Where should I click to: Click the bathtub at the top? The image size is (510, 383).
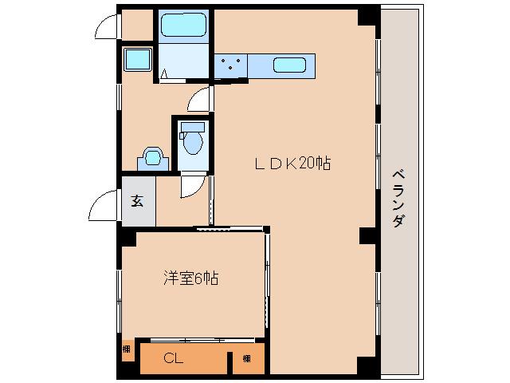click(x=183, y=25)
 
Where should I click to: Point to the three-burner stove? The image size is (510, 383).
click(x=231, y=65)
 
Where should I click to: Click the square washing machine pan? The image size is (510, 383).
click(x=138, y=59)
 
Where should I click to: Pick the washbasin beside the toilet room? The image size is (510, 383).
click(x=152, y=157)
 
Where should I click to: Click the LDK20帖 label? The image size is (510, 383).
click(x=292, y=164)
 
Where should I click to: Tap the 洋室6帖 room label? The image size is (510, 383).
click(x=190, y=278)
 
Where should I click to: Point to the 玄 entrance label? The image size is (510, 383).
click(x=137, y=199)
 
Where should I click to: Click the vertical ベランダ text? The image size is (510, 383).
click(x=398, y=199)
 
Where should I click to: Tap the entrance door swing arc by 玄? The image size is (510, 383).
click(x=101, y=209)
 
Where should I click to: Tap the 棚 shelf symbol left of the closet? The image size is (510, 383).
click(x=127, y=349)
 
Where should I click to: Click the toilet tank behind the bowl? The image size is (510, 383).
click(x=191, y=127)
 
